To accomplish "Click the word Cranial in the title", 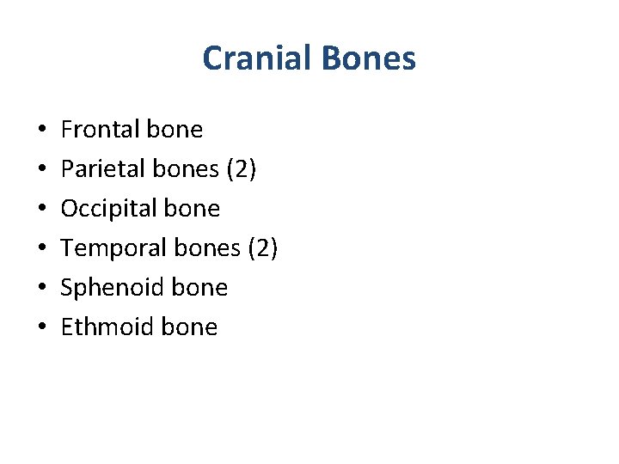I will pyautogui.click(x=258, y=58).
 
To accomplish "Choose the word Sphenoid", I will pyautogui.click(x=101, y=288).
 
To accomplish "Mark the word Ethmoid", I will pyautogui.click(x=97, y=327).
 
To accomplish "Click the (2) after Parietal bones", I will pyautogui.click(x=242, y=169).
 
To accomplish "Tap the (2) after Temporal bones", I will pyautogui.click(x=262, y=248).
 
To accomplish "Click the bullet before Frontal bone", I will pyautogui.click(x=42, y=131).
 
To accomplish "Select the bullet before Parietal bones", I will pyautogui.click(x=42, y=170).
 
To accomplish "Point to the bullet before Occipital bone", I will pyautogui.click(x=42, y=210).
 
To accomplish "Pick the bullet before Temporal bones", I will pyautogui.click(x=42, y=249).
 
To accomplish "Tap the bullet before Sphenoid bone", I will pyautogui.click(x=42, y=289).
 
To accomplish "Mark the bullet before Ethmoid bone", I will pyautogui.click(x=42, y=328).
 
